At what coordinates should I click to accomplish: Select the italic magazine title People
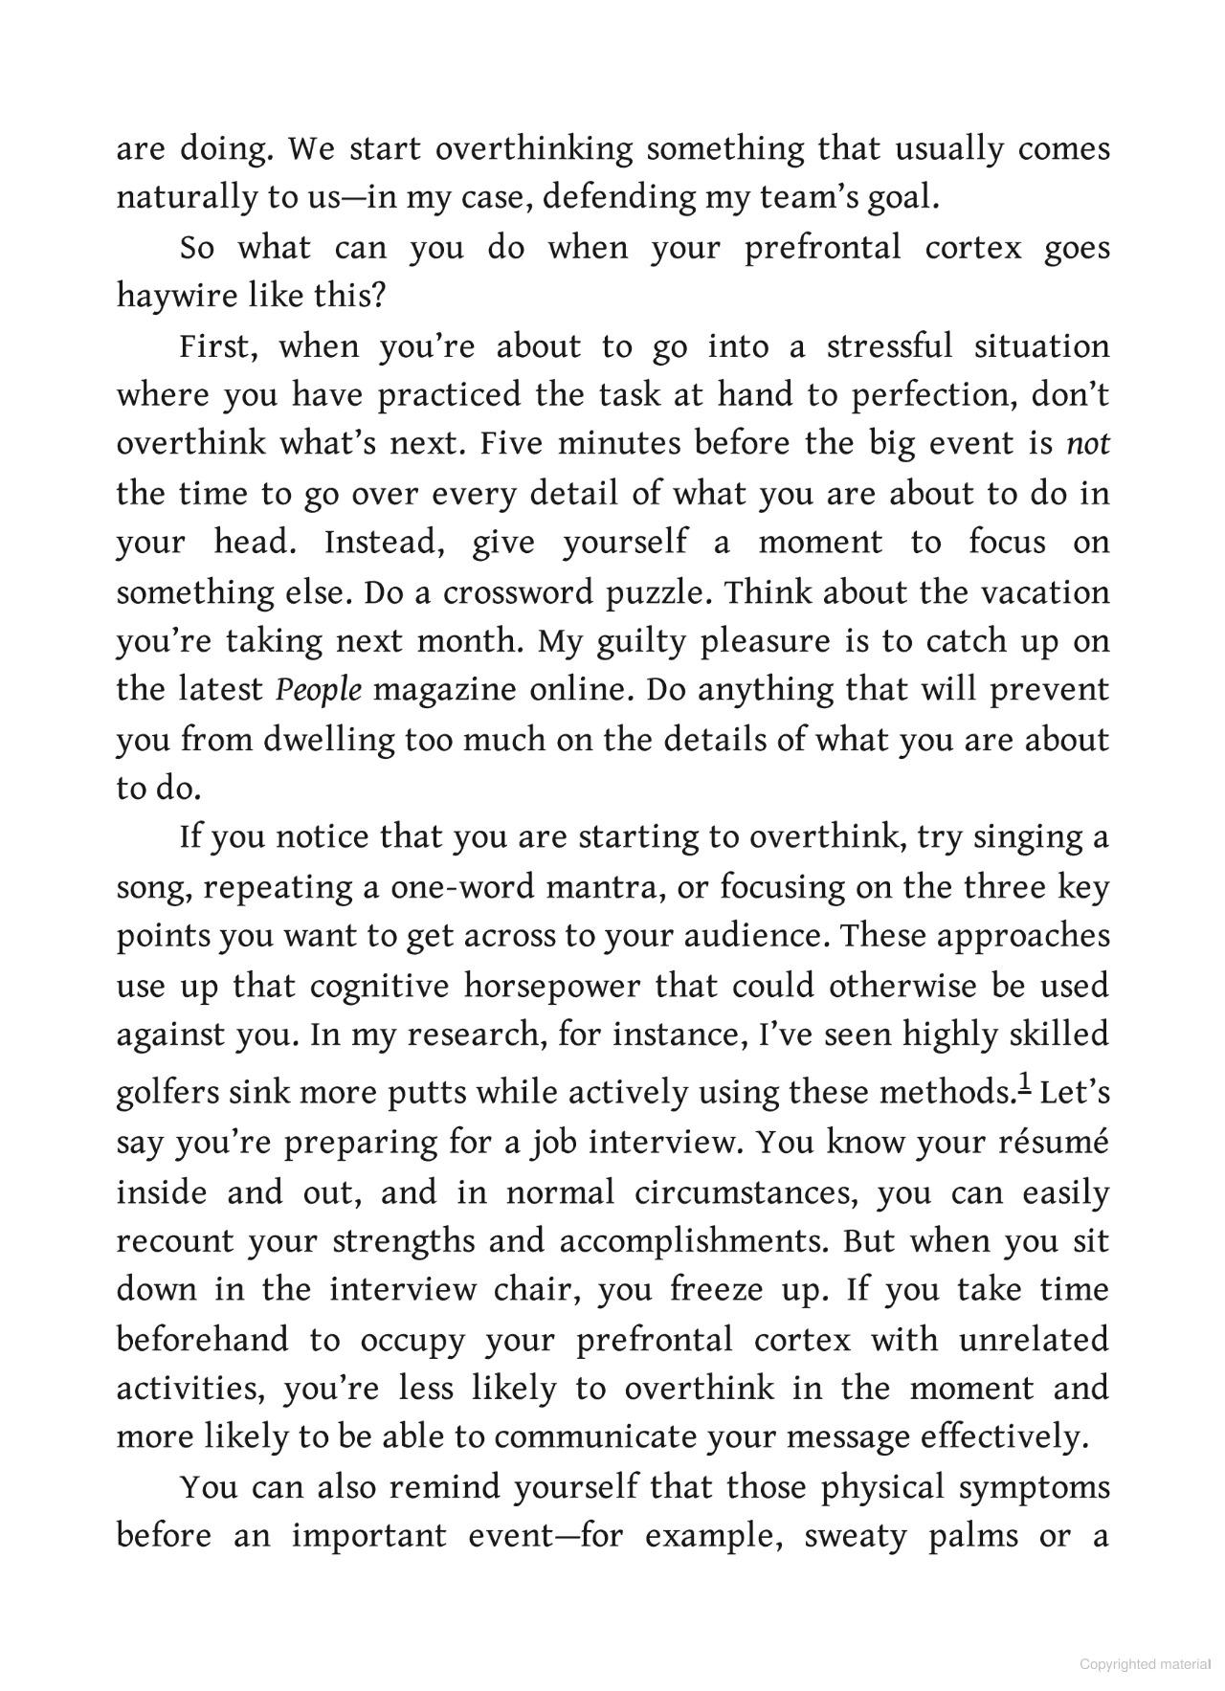click(x=319, y=690)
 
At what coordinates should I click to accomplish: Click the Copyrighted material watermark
click(x=1145, y=1664)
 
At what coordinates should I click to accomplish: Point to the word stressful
click(x=889, y=346)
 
